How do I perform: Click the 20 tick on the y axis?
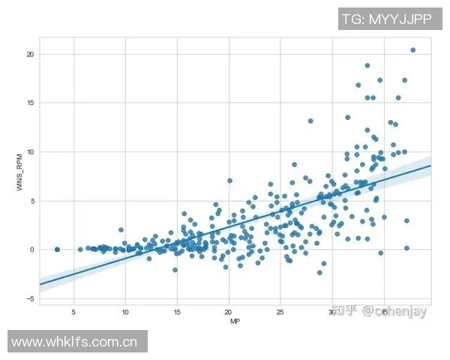30,54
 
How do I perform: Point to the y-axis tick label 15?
30,103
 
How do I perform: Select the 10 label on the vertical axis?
30,151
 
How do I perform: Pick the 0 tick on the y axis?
31,249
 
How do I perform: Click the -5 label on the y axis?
30,298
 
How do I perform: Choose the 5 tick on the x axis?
73,311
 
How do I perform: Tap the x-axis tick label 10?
124,311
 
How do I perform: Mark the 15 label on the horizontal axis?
176,311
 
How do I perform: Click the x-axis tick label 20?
228,311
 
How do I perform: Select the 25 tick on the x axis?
280,311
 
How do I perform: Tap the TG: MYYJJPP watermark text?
386,19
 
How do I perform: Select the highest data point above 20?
412,50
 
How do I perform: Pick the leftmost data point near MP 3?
57,249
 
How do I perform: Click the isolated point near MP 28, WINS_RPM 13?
310,121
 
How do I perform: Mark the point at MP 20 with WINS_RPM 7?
229,181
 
